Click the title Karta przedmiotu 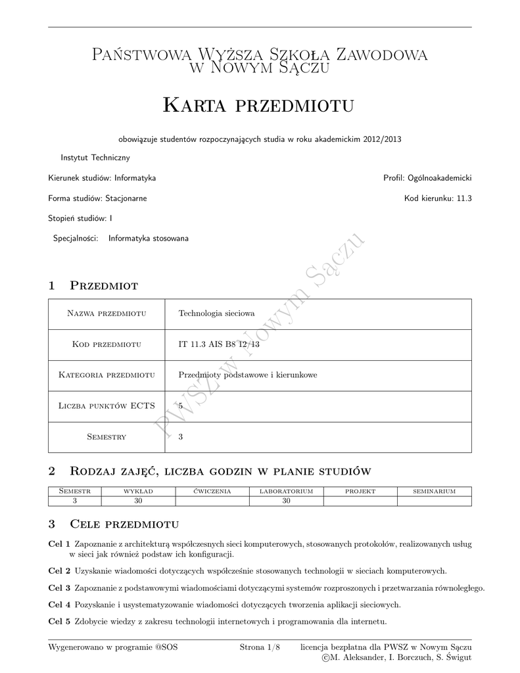point(258,104)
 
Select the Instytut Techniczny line point(95,158)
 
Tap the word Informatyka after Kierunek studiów point(135,178)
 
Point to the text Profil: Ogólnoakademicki point(427,178)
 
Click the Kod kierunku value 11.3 point(464,198)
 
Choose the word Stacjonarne point(126,198)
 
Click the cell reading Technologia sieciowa point(212,313)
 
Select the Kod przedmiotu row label point(106,344)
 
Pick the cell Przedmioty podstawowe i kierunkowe point(248,375)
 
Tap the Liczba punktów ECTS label point(106,406)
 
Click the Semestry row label point(106,436)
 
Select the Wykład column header point(138,491)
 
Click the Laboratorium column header point(286,491)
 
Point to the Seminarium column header point(434,491)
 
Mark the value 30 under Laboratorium point(286,500)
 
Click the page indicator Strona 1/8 point(260,647)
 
